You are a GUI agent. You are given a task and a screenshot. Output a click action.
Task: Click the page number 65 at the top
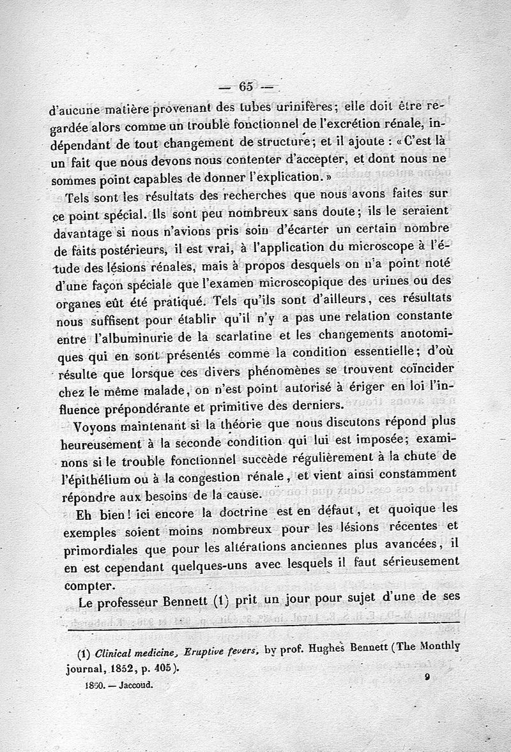(246, 87)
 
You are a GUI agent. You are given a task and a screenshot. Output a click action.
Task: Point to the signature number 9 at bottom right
(425, 681)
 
